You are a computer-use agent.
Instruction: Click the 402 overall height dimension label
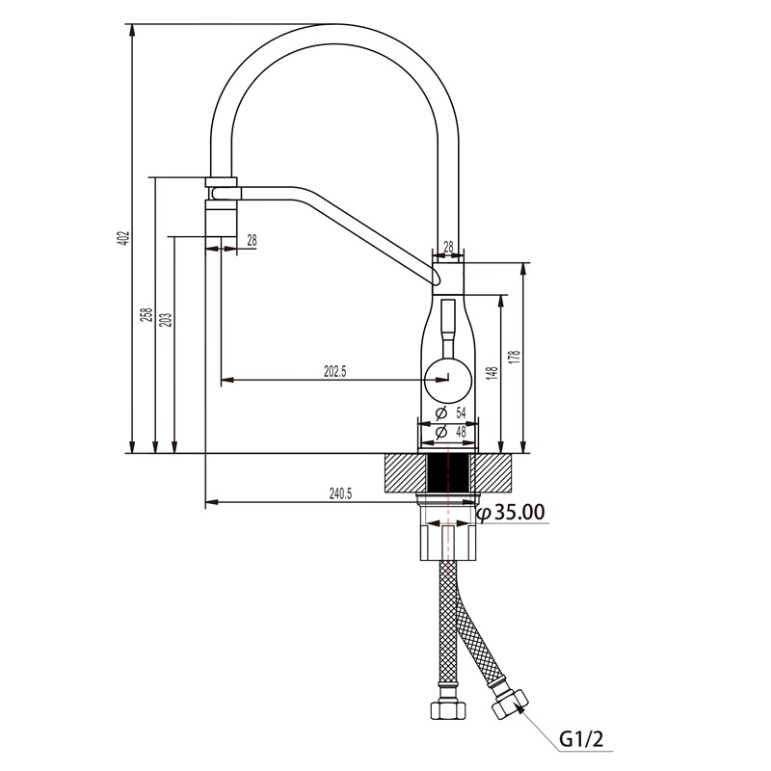pos(125,238)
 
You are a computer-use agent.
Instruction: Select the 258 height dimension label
pos(146,315)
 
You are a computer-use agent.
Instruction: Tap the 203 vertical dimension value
pos(166,321)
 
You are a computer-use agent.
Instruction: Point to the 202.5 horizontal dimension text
pos(334,372)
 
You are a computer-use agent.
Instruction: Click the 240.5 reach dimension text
pos(340,493)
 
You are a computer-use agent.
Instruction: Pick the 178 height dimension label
pos(515,358)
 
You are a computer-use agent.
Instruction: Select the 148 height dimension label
pos(493,374)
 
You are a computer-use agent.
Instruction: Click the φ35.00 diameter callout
pos(511,513)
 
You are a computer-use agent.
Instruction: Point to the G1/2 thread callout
pos(581,739)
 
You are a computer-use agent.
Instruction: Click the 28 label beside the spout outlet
pos(252,240)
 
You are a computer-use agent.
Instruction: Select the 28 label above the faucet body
pos(448,248)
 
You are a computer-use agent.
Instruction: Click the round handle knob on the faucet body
pos(448,380)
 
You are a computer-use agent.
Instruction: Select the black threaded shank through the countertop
pos(448,472)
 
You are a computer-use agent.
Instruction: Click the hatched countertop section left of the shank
pos(405,472)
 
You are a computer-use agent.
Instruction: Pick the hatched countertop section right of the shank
pos(492,472)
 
